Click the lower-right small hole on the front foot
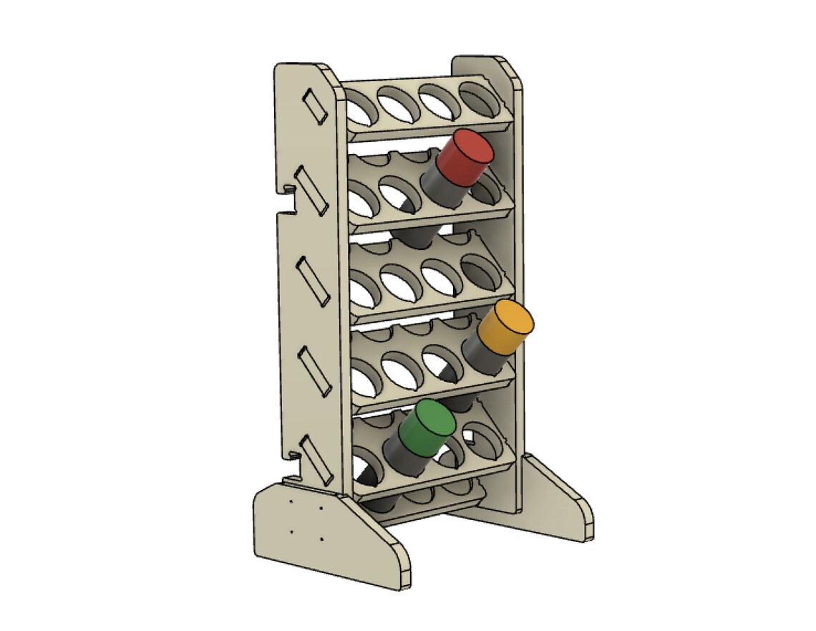click(321, 539)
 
